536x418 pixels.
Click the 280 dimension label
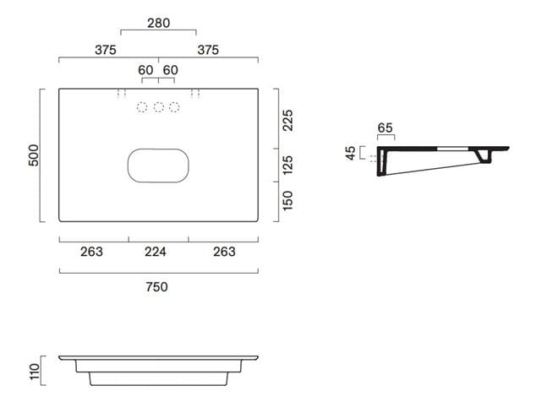[x=158, y=24]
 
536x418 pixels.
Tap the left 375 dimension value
[x=106, y=50]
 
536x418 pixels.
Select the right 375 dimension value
[x=208, y=50]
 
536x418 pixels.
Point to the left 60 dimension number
[x=145, y=70]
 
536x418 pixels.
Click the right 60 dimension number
[x=171, y=70]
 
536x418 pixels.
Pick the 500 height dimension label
[x=34, y=155]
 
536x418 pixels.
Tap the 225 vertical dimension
[x=287, y=120]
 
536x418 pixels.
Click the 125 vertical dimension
[x=287, y=165]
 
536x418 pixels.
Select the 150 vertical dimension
[x=287, y=200]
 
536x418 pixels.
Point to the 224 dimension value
[x=156, y=252]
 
